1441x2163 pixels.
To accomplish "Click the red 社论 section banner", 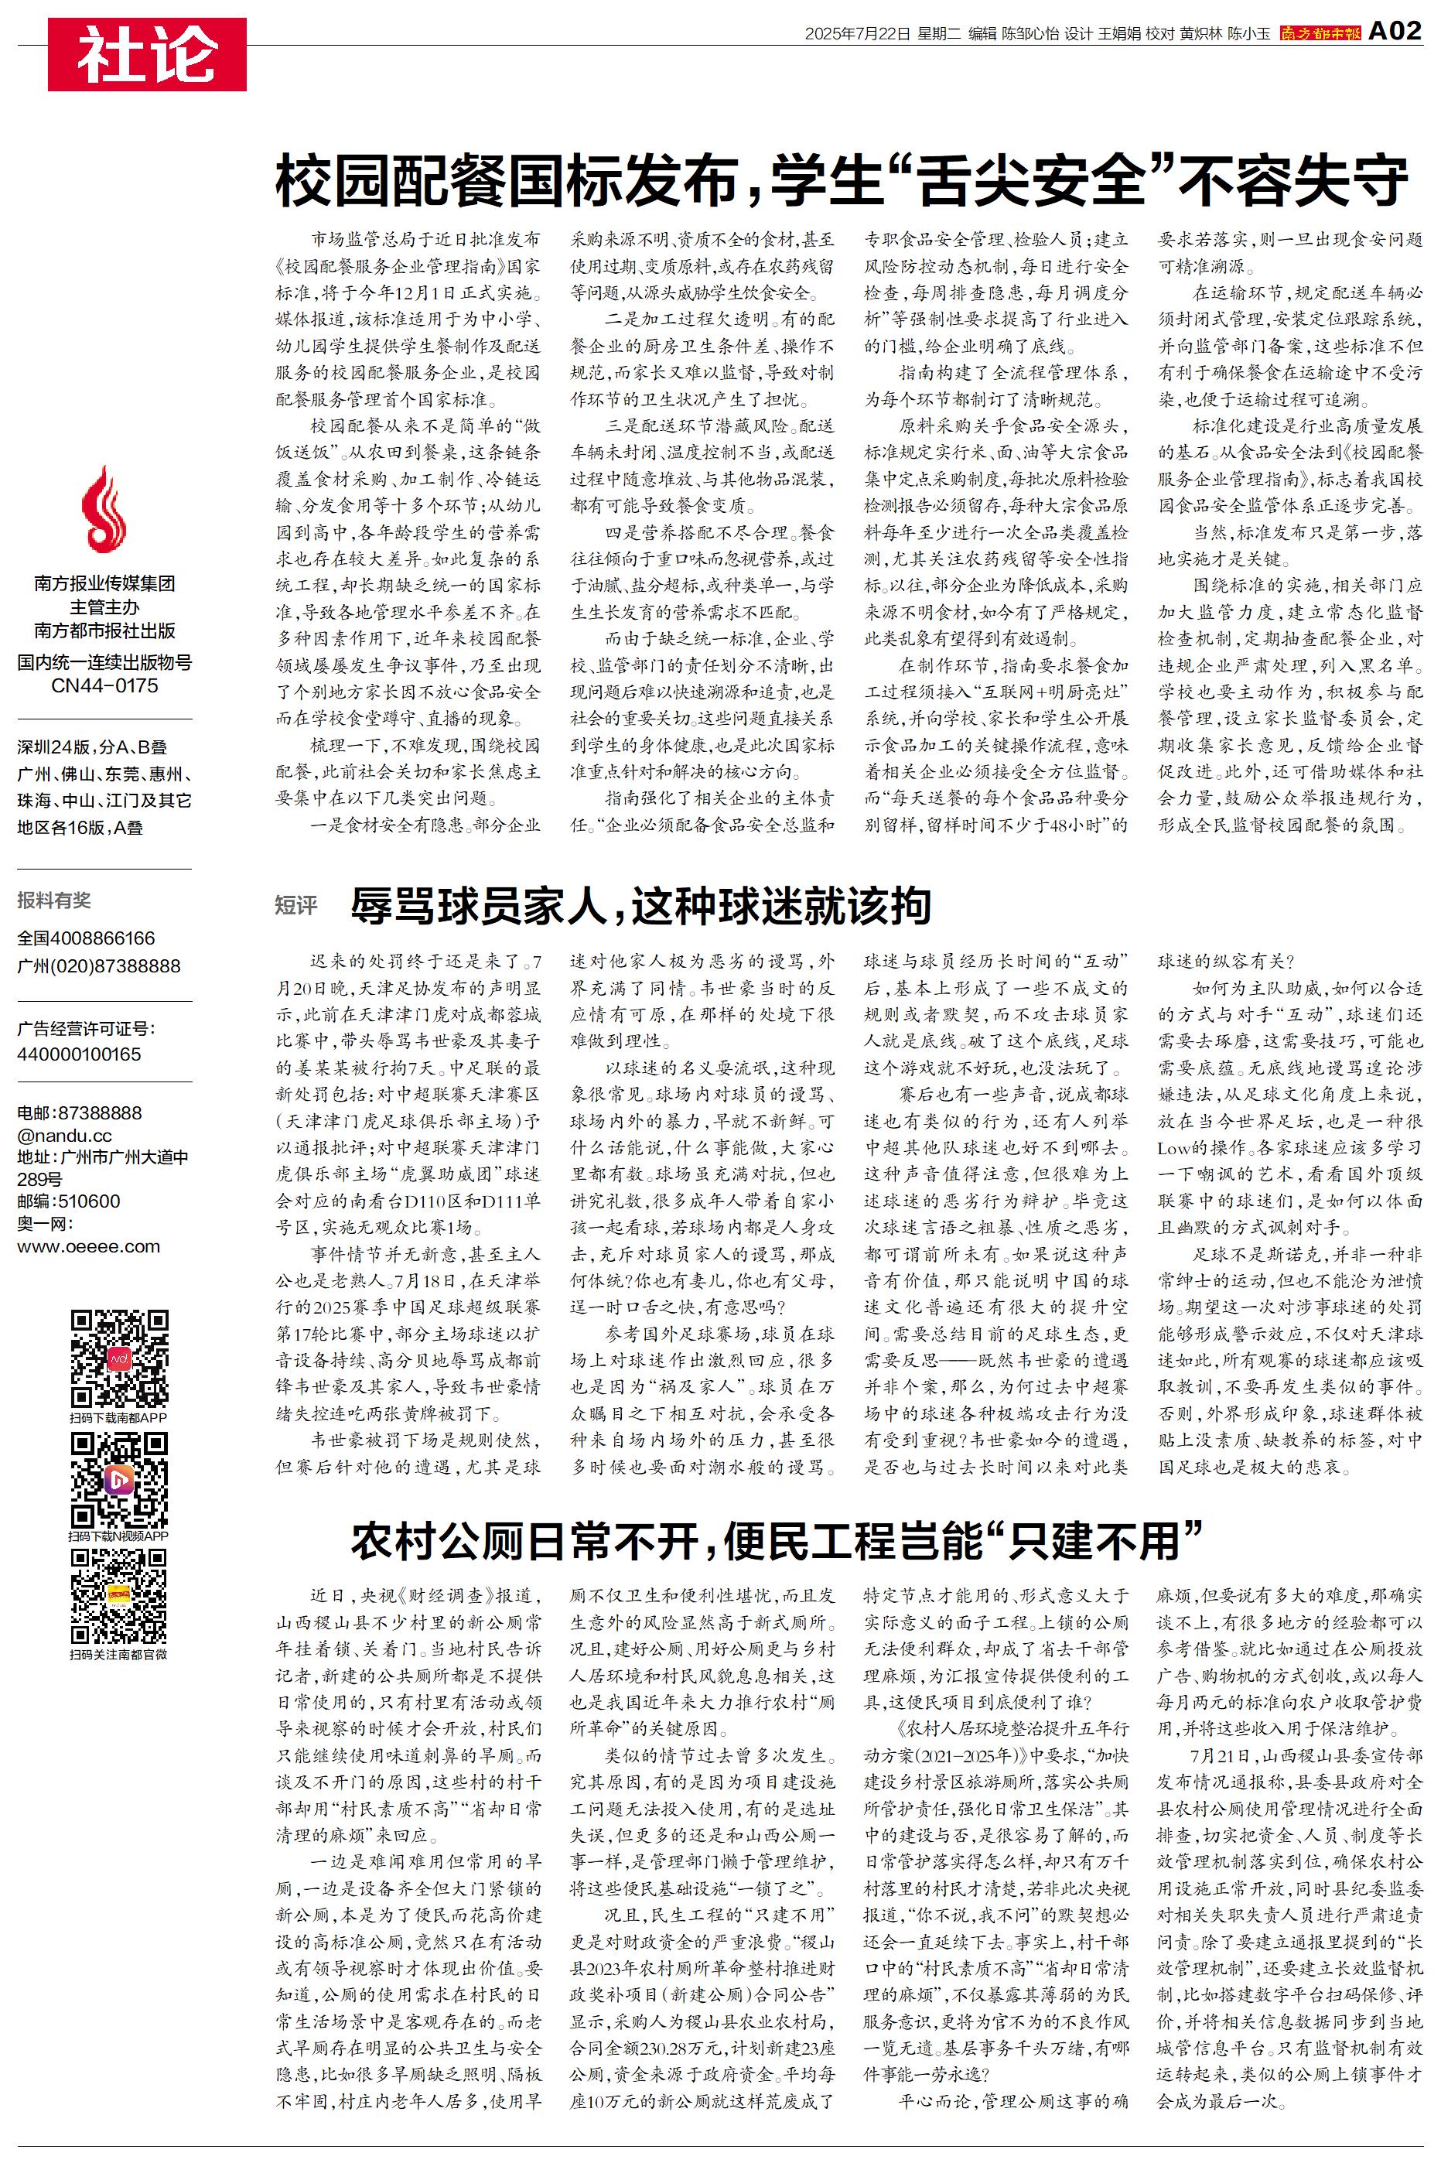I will tap(147, 54).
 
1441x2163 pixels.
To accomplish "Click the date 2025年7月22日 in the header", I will tap(856, 34).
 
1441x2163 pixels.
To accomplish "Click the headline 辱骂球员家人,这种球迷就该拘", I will tap(640, 907).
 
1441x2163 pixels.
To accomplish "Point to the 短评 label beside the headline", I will tap(296, 907).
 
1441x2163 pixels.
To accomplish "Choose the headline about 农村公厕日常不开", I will tap(777, 1540).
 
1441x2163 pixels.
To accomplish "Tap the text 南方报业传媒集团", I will tap(104, 583).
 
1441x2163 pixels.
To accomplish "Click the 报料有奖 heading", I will tap(54, 900).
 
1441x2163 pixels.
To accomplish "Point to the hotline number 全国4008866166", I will tap(87, 938).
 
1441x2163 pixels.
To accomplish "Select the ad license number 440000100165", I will tap(79, 1054).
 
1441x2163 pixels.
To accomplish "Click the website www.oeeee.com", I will tap(88, 1247).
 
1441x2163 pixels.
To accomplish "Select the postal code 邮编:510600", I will tap(68, 1201).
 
